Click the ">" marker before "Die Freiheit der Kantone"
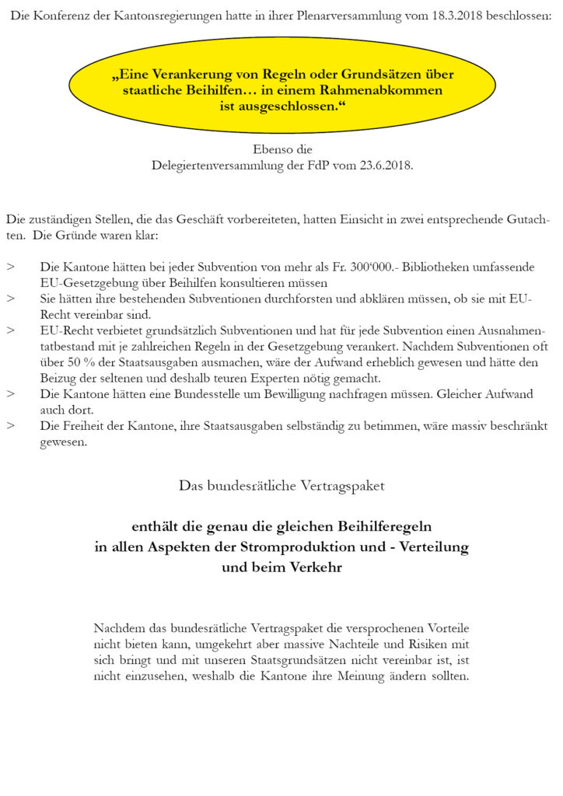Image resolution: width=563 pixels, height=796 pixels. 10,426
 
